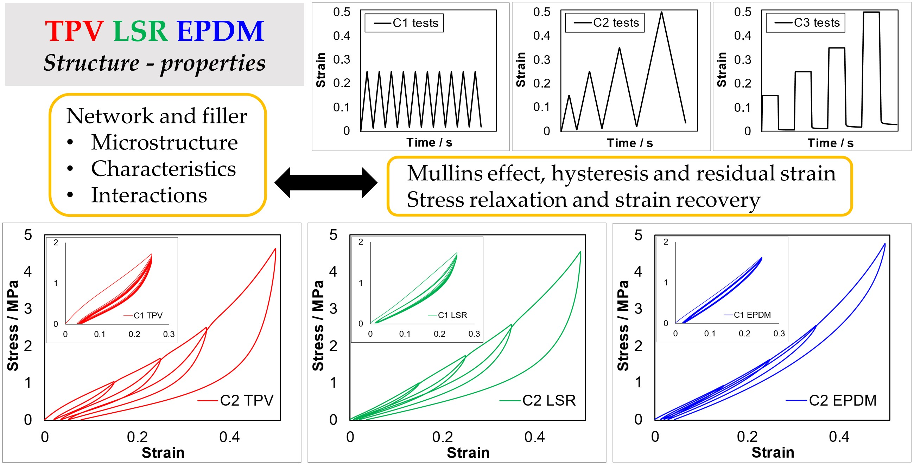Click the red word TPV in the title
(x=74, y=31)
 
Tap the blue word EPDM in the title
(x=220, y=31)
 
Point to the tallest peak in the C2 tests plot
(x=661, y=12)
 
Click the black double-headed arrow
(x=326, y=182)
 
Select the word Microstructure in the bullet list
(x=164, y=142)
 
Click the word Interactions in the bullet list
(x=149, y=195)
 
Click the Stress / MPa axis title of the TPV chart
(x=13, y=325)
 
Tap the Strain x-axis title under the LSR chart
(x=468, y=453)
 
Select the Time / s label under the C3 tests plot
(x=830, y=143)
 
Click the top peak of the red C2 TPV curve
(x=275, y=249)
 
